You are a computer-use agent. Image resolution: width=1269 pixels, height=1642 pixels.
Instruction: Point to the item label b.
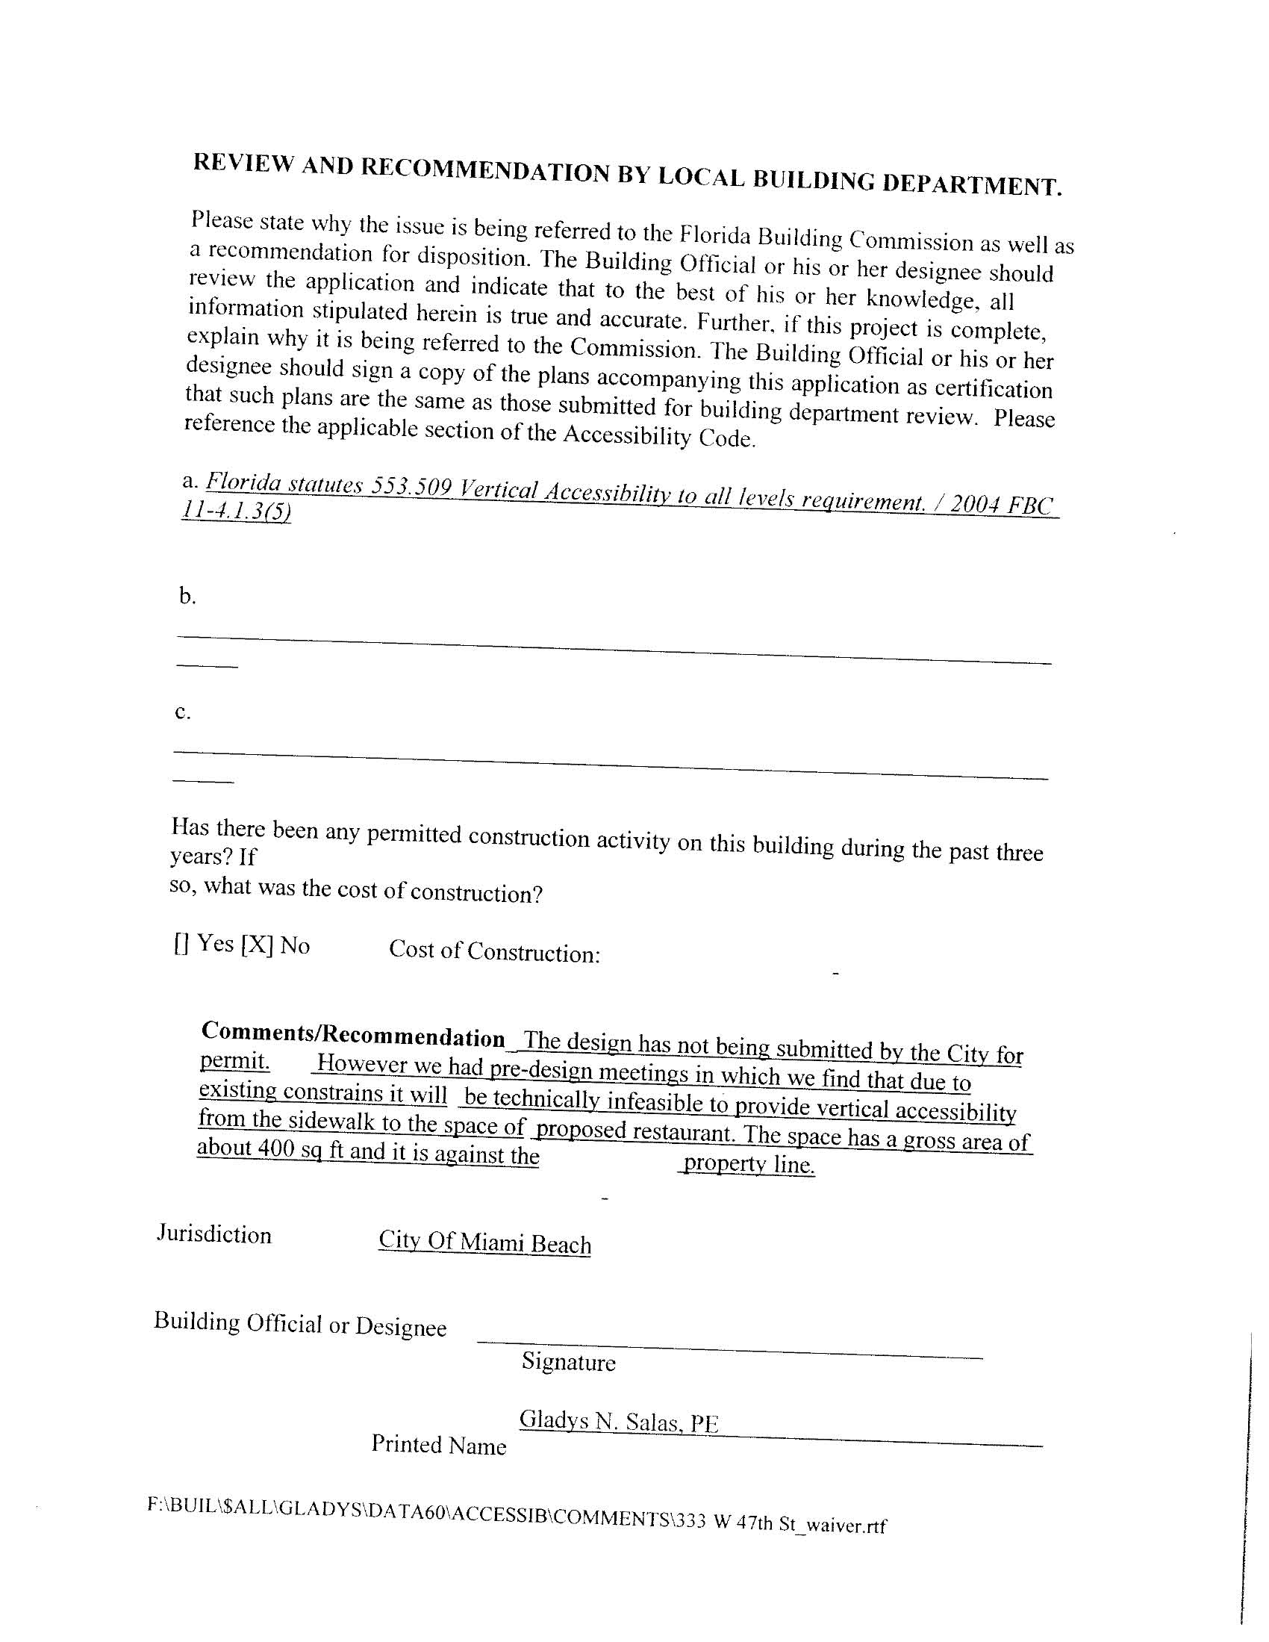[x=187, y=597]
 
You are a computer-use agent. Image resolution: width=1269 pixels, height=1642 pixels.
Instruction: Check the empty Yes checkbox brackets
[x=181, y=944]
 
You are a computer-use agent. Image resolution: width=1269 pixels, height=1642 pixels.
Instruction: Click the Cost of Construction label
[x=494, y=951]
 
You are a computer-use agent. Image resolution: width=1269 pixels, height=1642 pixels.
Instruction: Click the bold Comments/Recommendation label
[x=353, y=1035]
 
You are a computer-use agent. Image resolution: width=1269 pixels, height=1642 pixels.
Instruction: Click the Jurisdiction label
[x=214, y=1235]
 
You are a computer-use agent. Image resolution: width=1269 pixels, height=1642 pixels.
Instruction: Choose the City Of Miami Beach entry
[x=484, y=1242]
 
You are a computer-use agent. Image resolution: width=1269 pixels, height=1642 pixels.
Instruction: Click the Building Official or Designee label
[x=300, y=1324]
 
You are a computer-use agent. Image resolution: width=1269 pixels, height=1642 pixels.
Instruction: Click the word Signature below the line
[x=568, y=1362]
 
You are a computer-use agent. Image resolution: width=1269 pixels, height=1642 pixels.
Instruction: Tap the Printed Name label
[x=438, y=1445]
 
